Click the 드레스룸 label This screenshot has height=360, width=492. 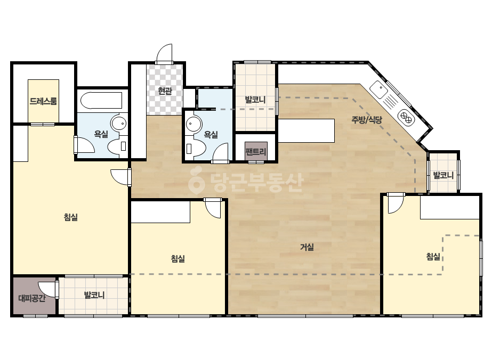43,101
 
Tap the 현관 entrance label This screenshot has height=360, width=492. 165,91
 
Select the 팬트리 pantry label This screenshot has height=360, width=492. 256,152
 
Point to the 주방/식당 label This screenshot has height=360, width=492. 367,119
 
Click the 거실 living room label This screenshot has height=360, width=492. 307,247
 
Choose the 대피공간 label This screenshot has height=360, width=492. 31,298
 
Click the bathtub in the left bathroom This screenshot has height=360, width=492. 101,100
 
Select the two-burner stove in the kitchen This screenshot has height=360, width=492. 406,117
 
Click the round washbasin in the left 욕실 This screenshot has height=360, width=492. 119,124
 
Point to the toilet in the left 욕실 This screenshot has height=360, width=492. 118,146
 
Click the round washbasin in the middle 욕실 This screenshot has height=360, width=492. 193,124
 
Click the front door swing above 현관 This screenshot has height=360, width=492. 165,54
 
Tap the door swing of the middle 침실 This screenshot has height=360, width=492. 213,208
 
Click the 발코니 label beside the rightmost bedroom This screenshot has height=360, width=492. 443,175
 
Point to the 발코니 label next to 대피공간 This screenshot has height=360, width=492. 94,295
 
